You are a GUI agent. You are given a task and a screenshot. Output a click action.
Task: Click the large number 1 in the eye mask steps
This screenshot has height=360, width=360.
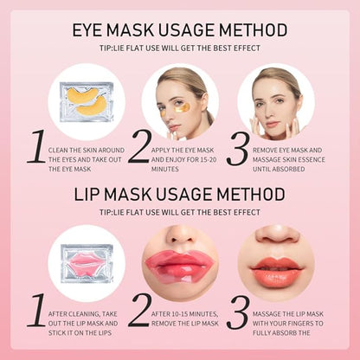pyautogui.click(x=35, y=150)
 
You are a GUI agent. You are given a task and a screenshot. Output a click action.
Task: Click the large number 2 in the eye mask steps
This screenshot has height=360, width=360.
pyautogui.click(x=139, y=150)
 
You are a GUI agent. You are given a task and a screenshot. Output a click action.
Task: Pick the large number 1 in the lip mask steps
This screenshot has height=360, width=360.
pyautogui.click(x=35, y=309)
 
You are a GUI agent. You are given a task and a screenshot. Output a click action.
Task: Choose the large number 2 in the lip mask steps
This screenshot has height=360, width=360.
pyautogui.click(x=139, y=309)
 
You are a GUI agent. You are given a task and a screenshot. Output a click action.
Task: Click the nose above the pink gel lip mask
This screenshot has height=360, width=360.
pyautogui.click(x=179, y=236)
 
